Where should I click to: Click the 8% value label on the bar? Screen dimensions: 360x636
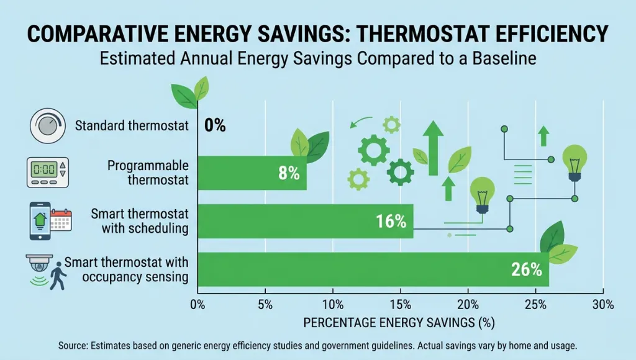(x=289, y=173)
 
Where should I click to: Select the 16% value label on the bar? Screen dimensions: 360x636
(x=391, y=222)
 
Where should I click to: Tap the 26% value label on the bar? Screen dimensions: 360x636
(x=527, y=270)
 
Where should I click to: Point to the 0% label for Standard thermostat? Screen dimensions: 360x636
(x=215, y=125)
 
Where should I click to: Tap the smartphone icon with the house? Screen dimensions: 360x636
(x=39, y=220)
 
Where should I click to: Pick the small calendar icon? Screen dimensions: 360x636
(x=61, y=220)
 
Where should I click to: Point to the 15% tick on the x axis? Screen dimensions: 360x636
(x=401, y=305)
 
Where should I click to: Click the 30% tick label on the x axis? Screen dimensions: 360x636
(x=603, y=305)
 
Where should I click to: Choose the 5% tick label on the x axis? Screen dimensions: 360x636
(x=265, y=305)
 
